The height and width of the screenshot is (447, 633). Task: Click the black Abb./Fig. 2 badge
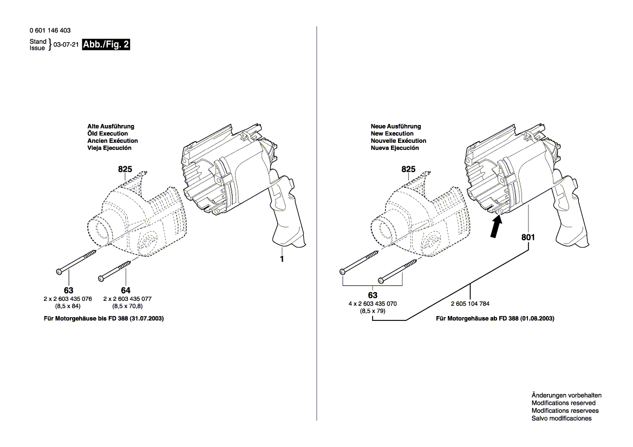(106, 45)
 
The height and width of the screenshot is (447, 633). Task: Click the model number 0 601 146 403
(50, 31)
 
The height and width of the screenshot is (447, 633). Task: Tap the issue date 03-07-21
(66, 45)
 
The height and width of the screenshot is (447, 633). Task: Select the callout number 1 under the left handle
(282, 259)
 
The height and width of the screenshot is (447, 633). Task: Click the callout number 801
(528, 237)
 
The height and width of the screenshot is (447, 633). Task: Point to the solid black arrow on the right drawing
(494, 227)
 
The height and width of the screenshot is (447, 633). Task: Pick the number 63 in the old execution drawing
(68, 291)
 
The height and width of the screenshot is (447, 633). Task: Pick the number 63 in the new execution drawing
(373, 295)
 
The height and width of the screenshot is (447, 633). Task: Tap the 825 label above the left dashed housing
(125, 169)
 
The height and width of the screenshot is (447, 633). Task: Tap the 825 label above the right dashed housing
(408, 169)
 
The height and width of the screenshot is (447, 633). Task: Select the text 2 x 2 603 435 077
(127, 299)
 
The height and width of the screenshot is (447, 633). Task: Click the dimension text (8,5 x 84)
(68, 306)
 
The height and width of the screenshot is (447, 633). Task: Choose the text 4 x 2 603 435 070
(373, 304)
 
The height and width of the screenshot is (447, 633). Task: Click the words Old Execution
(107, 133)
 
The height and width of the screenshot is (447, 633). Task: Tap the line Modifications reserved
(563, 403)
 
